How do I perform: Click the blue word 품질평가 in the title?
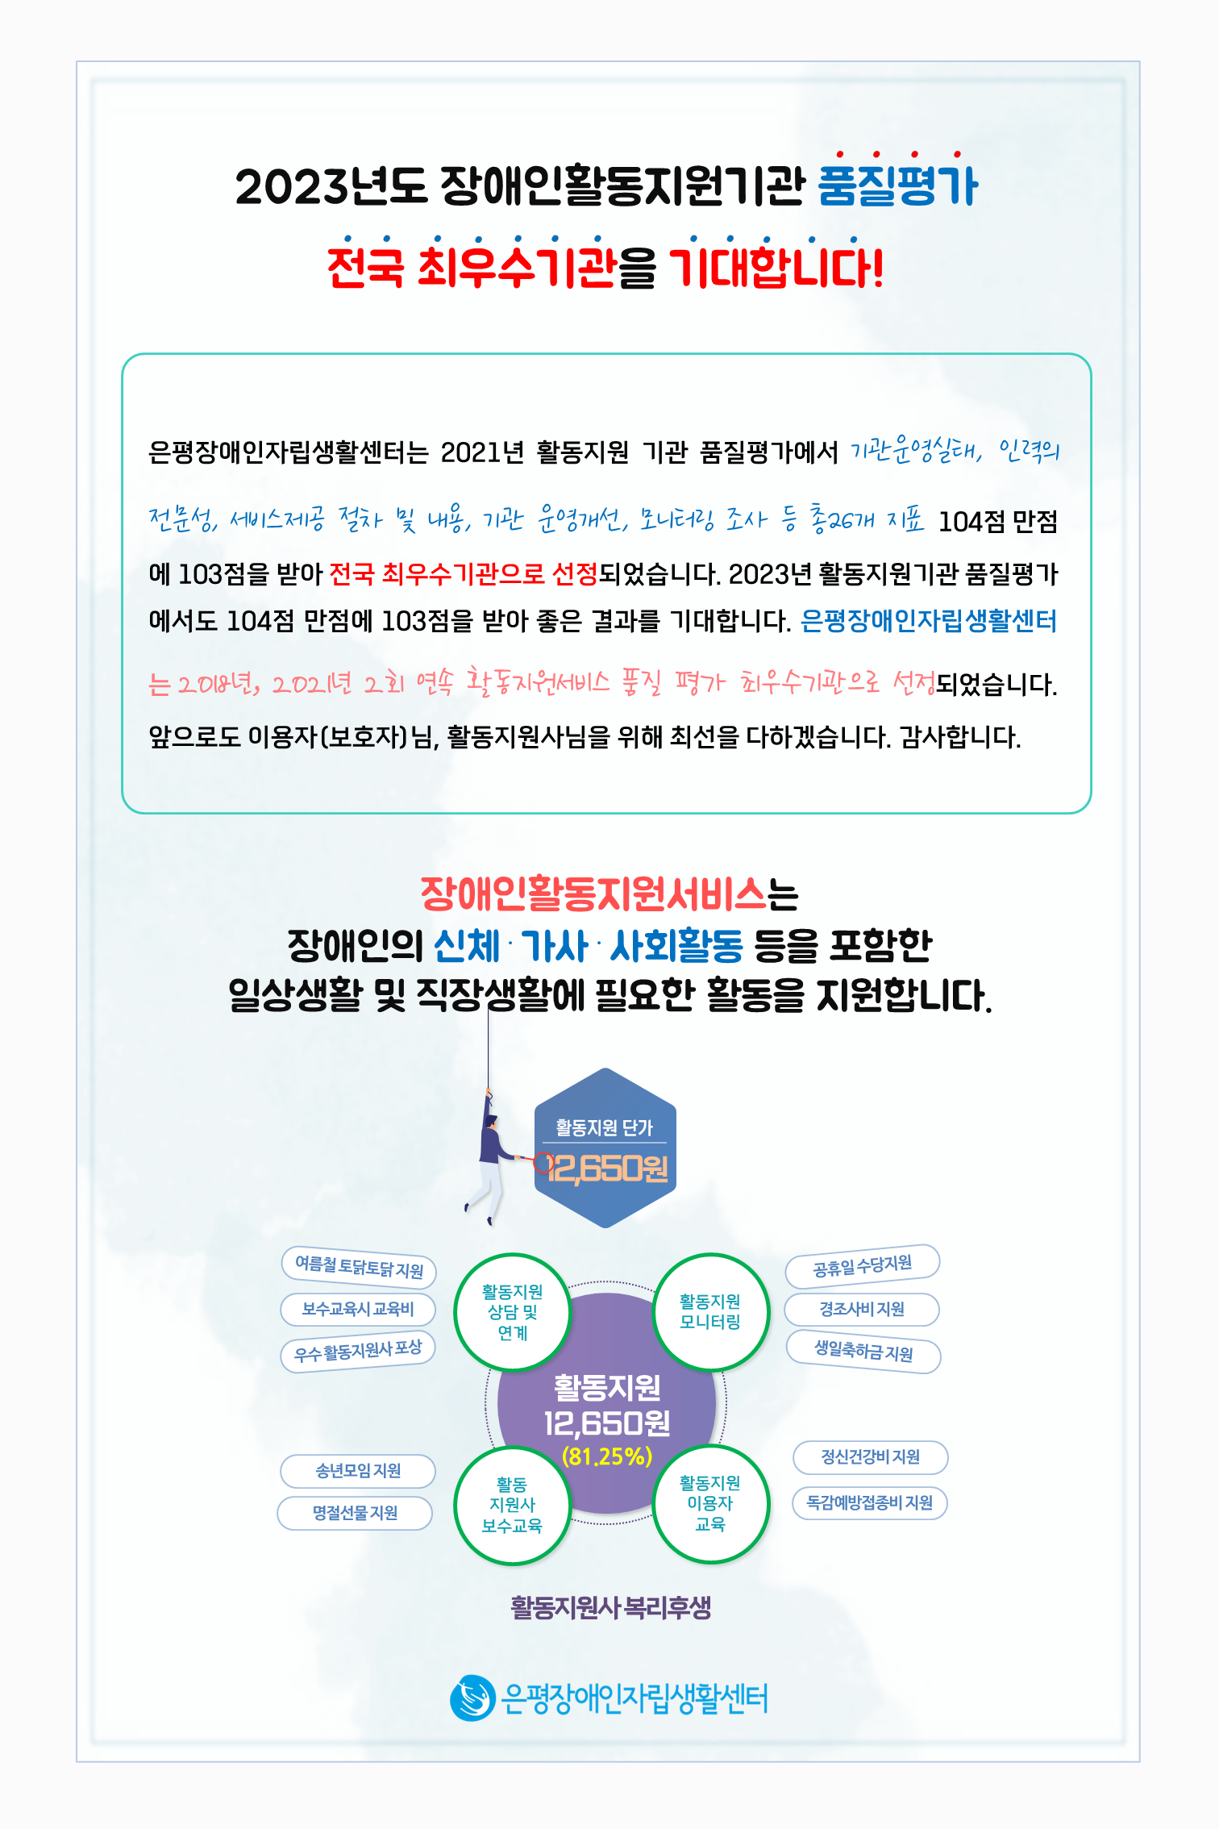pos(897,186)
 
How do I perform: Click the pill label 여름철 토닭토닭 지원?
pos(359,1267)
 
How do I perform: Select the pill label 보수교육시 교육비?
pos(358,1309)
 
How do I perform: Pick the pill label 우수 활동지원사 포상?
pos(358,1351)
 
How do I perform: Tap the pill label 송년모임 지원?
pos(358,1471)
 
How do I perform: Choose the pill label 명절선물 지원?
pos(355,1513)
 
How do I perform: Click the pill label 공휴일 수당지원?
pos(863,1264)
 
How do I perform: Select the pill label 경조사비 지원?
pos(862,1309)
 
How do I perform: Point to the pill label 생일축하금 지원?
pos(863,1351)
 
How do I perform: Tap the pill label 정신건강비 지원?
pos(870,1456)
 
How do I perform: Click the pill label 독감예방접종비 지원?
pos(870,1502)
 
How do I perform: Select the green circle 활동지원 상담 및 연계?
pos(513,1312)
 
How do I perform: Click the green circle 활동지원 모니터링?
pos(710,1311)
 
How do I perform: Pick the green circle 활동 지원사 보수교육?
pos(513,1505)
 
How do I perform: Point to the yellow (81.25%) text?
pos(607,1456)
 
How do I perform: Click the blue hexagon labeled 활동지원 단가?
pos(605,1148)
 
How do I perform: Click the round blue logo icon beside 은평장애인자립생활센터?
pos(472,1698)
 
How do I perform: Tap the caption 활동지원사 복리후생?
pos(610,1607)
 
